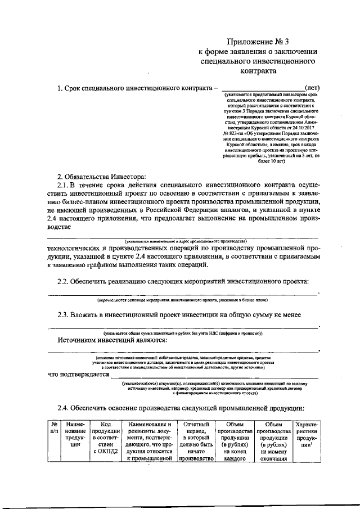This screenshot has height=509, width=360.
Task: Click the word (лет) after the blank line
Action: [312, 88]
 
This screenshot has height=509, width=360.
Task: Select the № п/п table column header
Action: [54, 429]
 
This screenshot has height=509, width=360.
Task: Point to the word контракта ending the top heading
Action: [258, 71]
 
